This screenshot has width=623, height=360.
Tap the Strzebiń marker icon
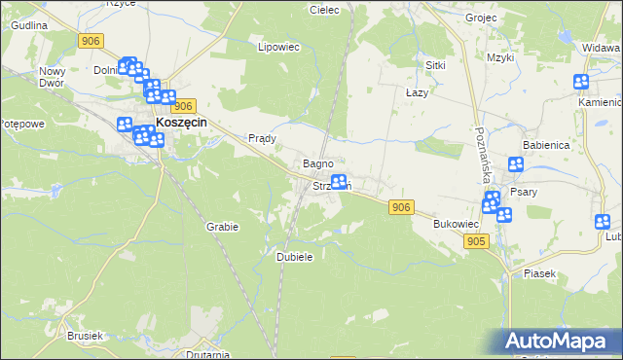(339, 182)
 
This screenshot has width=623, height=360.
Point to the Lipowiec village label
(275, 47)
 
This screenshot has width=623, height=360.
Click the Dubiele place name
(294, 257)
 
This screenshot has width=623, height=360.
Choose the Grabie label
(222, 227)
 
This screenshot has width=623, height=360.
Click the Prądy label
(263, 138)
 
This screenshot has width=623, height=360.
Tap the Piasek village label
(538, 273)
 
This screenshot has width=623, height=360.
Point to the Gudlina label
(29, 24)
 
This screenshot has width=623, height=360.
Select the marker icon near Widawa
(581, 83)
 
